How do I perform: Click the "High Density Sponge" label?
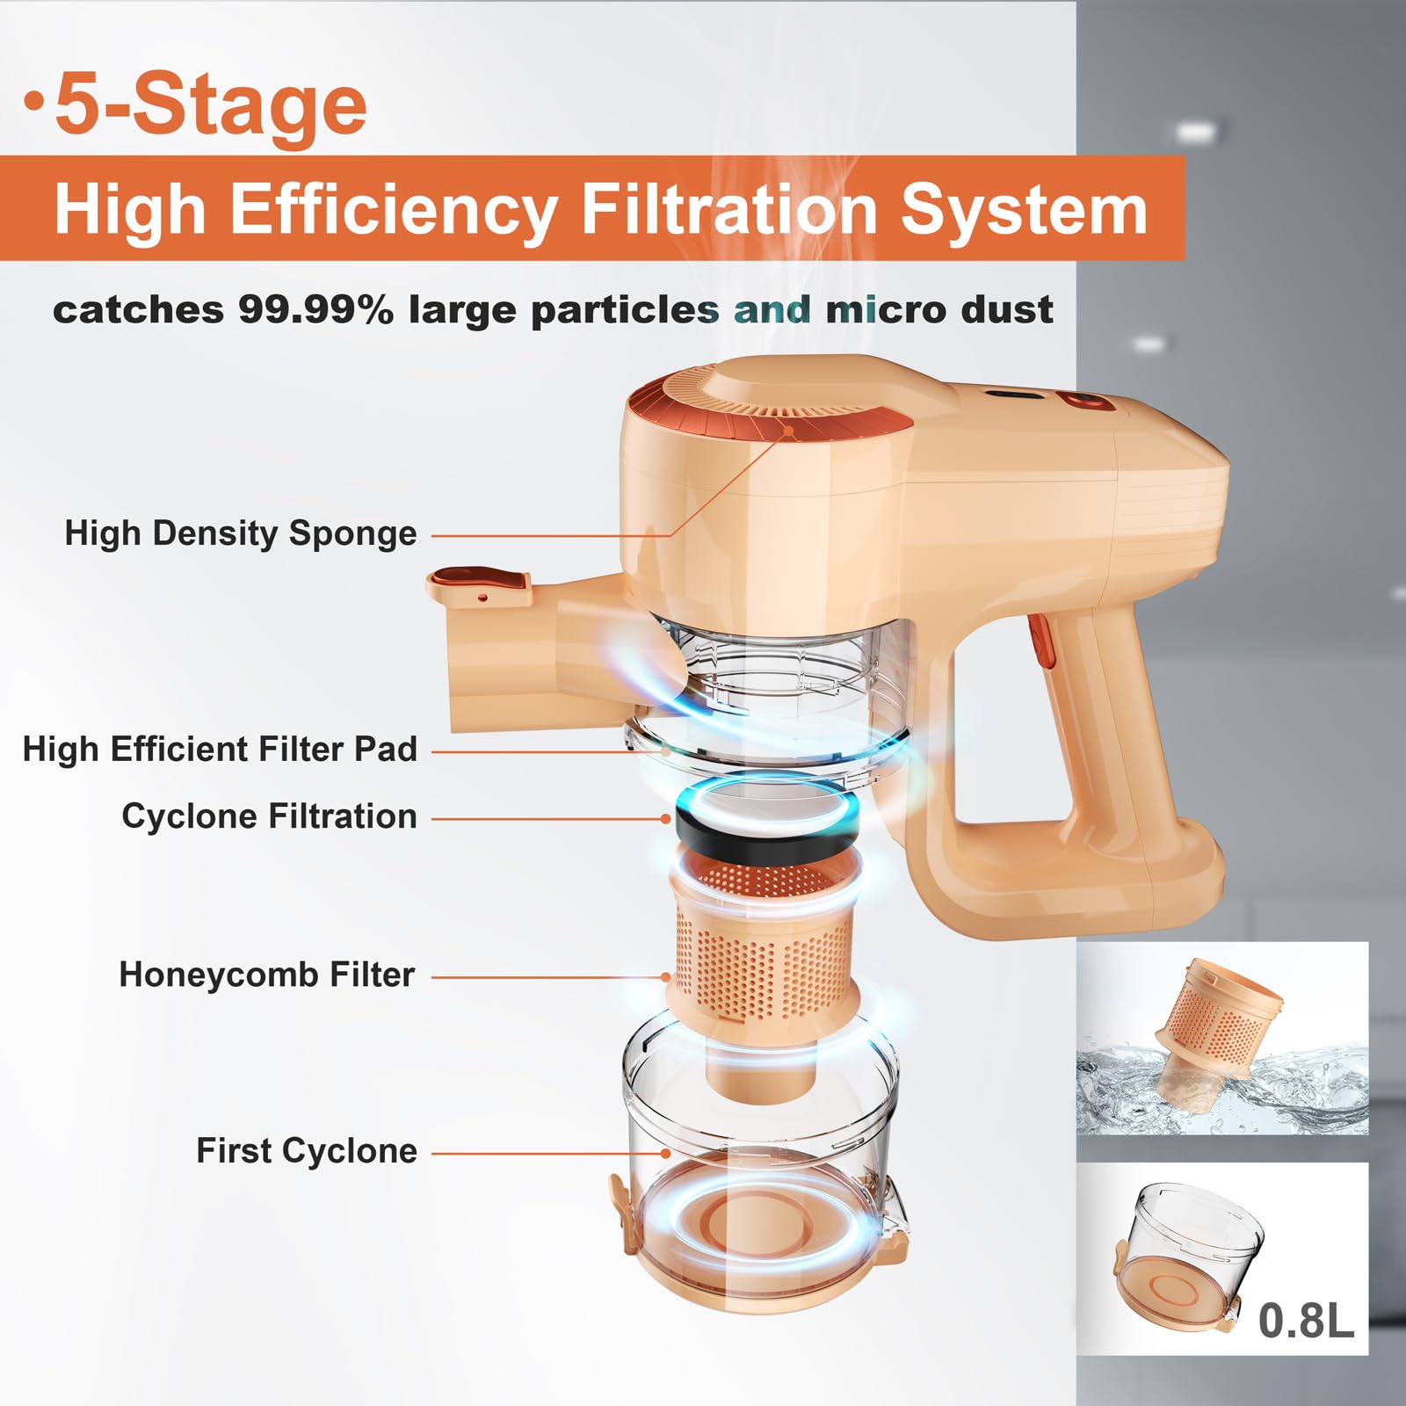click(240, 533)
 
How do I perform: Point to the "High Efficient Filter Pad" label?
click(220, 750)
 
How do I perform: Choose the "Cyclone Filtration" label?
click(269, 816)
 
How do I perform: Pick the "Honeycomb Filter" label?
click(267, 975)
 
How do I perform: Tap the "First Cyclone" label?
click(307, 1150)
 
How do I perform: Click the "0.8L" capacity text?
click(1306, 1320)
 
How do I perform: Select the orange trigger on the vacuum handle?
click(1040, 641)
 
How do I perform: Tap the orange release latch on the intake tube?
click(480, 583)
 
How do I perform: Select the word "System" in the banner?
click(1024, 211)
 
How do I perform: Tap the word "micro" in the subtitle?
click(886, 309)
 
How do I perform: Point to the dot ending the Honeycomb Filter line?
click(667, 976)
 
